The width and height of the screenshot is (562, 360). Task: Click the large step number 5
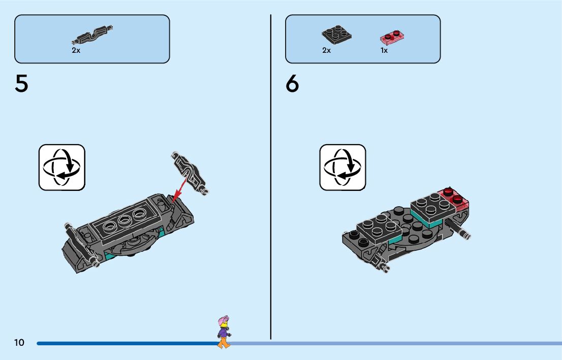point(21,84)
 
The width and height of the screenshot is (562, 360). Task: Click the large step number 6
point(292,84)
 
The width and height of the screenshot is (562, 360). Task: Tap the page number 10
point(19,343)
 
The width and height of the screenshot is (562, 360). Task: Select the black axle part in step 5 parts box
point(91,35)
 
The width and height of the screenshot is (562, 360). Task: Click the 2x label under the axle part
point(76,51)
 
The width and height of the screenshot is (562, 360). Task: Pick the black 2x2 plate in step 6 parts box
point(336,34)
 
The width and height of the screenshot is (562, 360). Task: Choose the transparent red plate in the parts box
point(392,37)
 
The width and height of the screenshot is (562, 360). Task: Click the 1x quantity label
point(384,51)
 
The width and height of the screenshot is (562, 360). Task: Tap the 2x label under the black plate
point(326,51)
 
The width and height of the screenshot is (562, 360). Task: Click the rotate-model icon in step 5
point(62,167)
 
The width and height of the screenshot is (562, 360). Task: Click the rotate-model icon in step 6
point(342,167)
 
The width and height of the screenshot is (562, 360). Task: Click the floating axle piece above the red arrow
point(189,171)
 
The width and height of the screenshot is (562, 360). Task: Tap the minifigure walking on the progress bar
point(223,333)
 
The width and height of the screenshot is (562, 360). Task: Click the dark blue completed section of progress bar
point(127,344)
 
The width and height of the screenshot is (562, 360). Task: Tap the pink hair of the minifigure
point(222,321)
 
